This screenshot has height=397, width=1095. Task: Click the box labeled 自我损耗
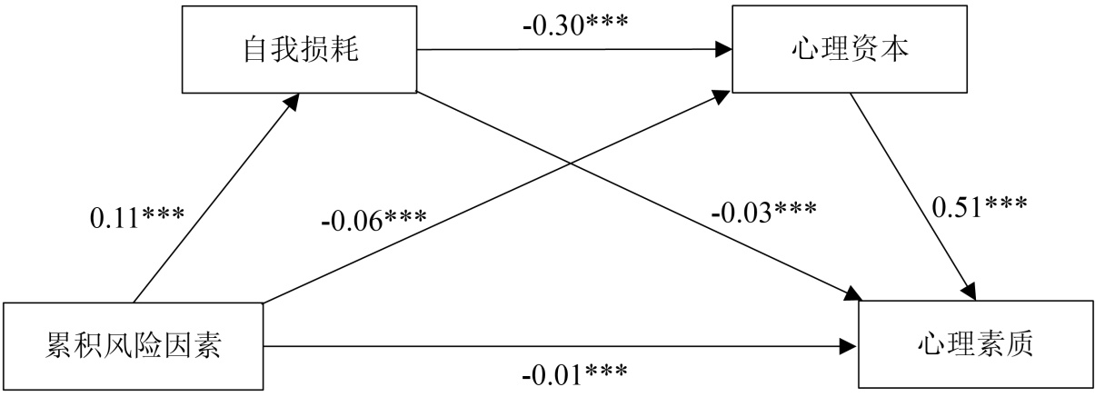point(300,49)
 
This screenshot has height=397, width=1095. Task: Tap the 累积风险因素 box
point(133,346)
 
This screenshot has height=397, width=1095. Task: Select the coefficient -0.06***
point(372,222)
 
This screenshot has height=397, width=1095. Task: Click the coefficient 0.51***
point(980,206)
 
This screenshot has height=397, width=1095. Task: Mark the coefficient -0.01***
point(573,373)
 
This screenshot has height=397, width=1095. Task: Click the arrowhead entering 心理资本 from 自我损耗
point(723,50)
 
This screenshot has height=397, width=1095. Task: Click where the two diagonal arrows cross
point(572,164)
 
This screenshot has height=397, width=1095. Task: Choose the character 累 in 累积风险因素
point(60,346)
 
